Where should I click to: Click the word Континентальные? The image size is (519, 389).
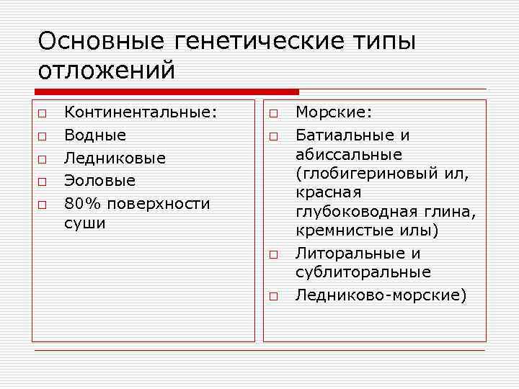pos(140,112)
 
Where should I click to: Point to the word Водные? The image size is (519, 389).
pos(95,135)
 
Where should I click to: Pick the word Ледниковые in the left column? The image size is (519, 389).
pos(115,158)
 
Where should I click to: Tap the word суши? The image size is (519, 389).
pos(84,223)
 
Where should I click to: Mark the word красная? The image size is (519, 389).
pos(328,192)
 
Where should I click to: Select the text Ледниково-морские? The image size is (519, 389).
pos(379,295)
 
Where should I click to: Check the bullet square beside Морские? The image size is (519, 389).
pos(275,113)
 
